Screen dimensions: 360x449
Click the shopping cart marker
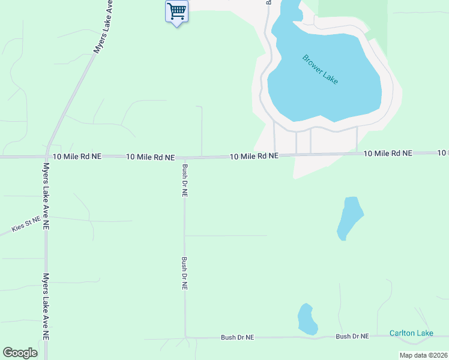point(176,11)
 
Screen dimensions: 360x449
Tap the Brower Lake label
point(321,70)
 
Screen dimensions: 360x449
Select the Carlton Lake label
point(411,333)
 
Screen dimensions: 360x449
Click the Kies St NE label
point(26,224)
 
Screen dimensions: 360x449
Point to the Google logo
point(20,353)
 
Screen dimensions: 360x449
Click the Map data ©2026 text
point(423,355)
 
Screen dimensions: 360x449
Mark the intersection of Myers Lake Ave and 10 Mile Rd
point(46,157)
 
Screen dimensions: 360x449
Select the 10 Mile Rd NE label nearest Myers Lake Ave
point(77,156)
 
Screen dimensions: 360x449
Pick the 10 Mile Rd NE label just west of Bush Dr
point(150,157)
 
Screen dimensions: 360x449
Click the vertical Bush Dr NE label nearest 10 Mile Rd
point(185,181)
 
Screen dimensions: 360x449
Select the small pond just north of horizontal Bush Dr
point(308,319)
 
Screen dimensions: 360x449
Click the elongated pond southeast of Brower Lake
point(349,217)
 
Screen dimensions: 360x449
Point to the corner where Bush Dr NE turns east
point(185,337)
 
